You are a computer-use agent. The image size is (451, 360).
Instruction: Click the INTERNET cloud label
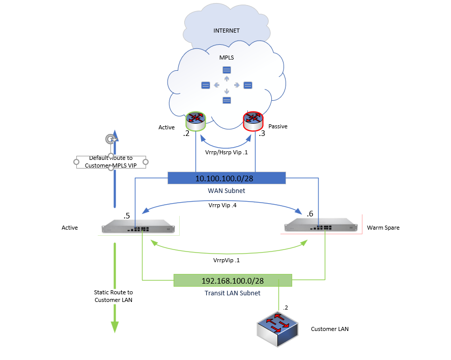(227, 31)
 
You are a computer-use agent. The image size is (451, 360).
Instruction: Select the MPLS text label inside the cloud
(227, 58)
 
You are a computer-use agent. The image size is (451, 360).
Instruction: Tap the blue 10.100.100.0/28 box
(227, 178)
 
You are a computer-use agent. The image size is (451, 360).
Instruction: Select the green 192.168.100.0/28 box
(233, 281)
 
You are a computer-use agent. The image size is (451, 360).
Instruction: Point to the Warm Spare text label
(383, 228)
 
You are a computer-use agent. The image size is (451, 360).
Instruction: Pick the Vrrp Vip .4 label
(222, 205)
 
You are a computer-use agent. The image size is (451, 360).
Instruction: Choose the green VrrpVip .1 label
(227, 260)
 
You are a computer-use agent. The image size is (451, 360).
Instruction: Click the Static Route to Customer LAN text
(114, 296)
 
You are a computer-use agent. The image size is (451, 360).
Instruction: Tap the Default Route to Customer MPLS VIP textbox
(111, 162)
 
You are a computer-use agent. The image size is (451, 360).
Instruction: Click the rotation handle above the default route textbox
(110, 139)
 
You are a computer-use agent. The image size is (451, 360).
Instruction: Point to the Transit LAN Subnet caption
(232, 293)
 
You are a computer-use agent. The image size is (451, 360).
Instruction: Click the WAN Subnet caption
(227, 190)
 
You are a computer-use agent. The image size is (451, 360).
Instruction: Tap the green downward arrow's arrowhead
(115, 326)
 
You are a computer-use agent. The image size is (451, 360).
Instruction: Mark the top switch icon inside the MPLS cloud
(227, 70)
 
